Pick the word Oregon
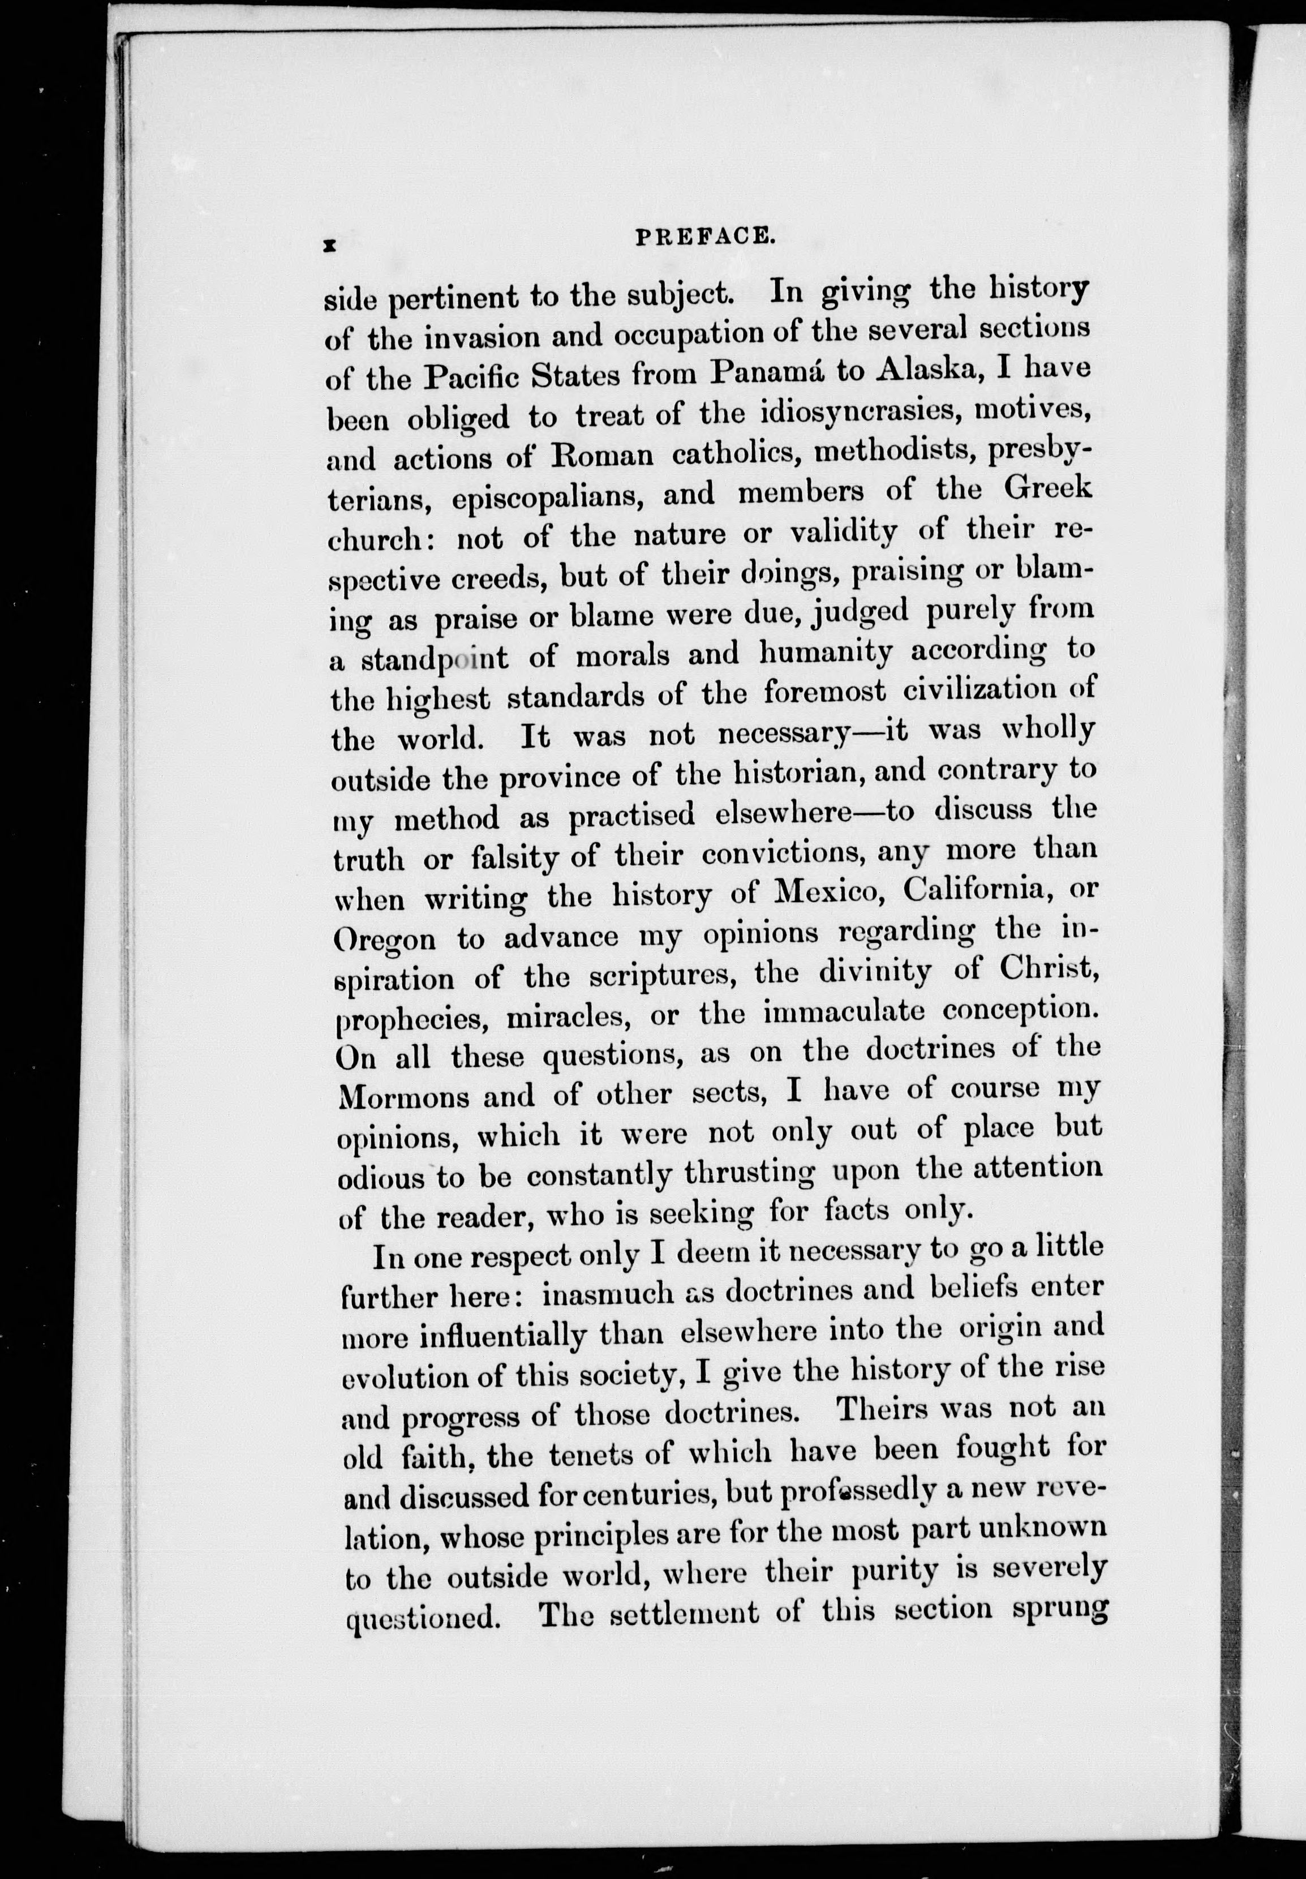pos(385,939)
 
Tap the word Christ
pos(1047,970)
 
